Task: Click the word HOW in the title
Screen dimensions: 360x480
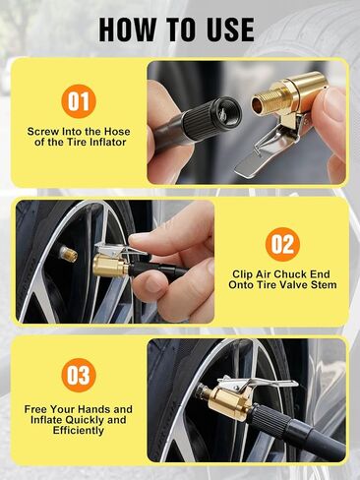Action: click(128, 30)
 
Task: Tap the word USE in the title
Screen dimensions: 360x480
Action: click(228, 30)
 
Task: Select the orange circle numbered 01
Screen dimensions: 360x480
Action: click(79, 101)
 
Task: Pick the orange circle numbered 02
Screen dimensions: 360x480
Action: click(282, 244)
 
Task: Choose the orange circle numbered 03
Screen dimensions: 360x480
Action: click(79, 375)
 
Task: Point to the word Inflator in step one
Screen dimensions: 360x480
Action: click(108, 143)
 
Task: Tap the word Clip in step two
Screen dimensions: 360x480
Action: click(240, 274)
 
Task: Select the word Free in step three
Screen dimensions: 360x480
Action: click(35, 409)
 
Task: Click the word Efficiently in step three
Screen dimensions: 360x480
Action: click(79, 431)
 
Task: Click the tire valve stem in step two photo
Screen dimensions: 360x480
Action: click(68, 254)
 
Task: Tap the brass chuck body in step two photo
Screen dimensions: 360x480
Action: click(111, 266)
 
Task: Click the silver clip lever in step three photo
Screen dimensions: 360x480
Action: click(258, 383)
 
